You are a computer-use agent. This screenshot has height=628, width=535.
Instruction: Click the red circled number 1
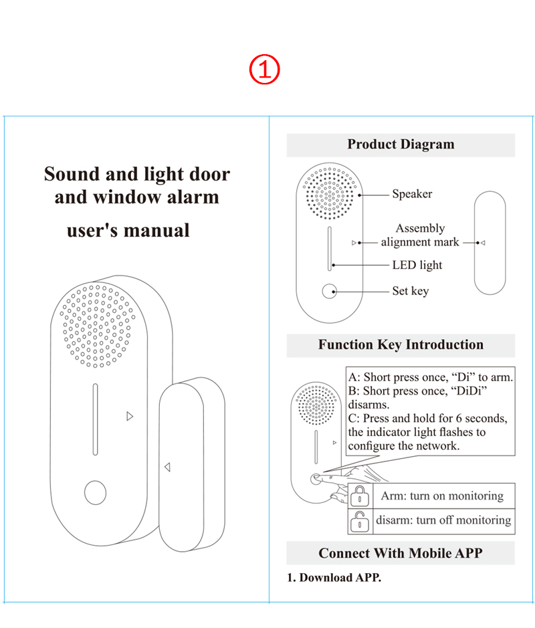click(265, 70)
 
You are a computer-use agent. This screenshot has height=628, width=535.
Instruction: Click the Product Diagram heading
click(401, 144)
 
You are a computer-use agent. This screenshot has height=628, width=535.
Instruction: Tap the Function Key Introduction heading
click(401, 345)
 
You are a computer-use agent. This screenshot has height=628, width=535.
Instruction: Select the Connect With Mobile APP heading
click(401, 553)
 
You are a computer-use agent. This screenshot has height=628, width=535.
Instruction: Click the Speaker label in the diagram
click(412, 194)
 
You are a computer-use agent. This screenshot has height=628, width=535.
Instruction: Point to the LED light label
click(417, 265)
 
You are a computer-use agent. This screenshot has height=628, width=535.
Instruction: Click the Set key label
click(411, 291)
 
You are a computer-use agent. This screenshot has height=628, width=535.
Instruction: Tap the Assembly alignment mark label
click(420, 235)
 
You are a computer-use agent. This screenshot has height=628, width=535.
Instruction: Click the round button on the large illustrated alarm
click(95, 493)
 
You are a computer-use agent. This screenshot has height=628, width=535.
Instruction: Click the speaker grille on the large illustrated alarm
click(98, 326)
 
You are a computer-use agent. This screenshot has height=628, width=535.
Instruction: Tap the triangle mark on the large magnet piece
click(167, 467)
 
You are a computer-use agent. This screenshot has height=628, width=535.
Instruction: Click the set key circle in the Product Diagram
click(328, 292)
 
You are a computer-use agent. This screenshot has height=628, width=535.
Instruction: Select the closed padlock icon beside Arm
click(360, 496)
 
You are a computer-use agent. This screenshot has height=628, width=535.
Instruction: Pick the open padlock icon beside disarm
click(360, 521)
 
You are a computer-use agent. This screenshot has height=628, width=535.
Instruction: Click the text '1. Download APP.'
click(334, 577)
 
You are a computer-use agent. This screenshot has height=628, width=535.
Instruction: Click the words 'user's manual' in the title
click(128, 231)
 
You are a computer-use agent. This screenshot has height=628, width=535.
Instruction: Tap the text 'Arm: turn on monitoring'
click(442, 496)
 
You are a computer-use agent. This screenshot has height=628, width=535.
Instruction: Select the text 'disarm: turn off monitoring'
click(443, 520)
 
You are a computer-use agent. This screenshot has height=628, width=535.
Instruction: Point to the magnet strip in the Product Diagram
click(490, 242)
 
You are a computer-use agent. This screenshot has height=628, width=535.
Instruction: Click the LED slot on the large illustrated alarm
click(96, 419)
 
